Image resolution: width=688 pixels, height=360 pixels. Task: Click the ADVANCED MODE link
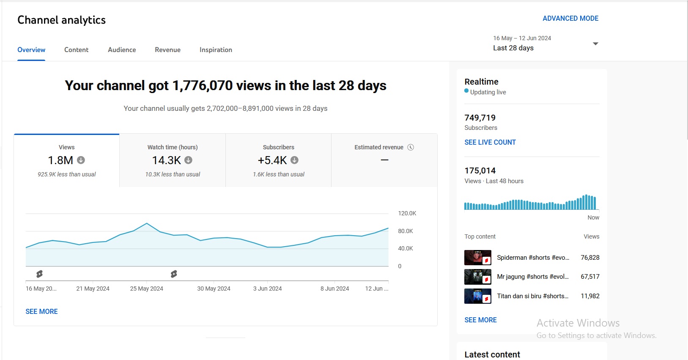[x=570, y=19]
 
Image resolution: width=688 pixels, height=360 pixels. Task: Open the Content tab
[x=76, y=50]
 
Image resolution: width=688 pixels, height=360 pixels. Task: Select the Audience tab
[x=122, y=50]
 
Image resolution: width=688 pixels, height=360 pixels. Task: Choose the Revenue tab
[x=168, y=50]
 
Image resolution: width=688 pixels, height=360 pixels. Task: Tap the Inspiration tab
[x=216, y=50]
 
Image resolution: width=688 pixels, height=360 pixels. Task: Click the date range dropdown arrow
[x=595, y=44]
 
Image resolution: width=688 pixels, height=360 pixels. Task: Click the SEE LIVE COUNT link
[x=490, y=142]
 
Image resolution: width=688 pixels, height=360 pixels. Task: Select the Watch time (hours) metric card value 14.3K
[x=167, y=160]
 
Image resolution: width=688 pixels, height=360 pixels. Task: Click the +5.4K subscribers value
[x=272, y=160]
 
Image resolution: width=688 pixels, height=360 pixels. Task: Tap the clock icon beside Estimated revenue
[x=411, y=147]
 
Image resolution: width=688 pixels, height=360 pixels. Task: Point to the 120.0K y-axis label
[x=407, y=213]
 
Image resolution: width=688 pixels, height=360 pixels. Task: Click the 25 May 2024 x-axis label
[x=146, y=289]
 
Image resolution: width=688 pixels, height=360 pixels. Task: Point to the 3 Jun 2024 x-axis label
[x=267, y=289]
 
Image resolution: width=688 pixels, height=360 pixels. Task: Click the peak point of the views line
[x=147, y=223]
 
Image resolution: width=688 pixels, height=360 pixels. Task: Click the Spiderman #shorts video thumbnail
[x=477, y=257]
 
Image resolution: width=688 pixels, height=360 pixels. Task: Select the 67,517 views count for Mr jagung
[x=590, y=276]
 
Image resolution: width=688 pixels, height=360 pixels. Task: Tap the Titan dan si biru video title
[x=532, y=296]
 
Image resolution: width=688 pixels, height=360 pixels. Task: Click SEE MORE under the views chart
[x=41, y=311]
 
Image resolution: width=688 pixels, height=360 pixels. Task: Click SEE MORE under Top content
[x=480, y=320]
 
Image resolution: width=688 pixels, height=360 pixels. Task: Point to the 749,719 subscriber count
[x=480, y=118]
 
